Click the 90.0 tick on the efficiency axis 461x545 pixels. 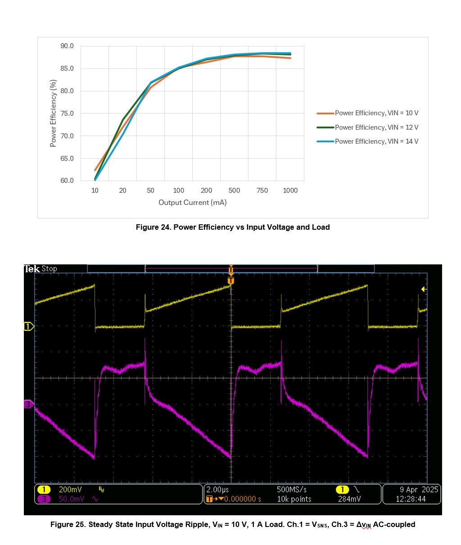(x=67, y=46)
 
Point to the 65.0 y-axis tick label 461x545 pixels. (x=67, y=158)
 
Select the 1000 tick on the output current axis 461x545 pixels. (x=290, y=191)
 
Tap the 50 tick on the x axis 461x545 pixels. (x=150, y=191)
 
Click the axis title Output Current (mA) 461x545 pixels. (x=192, y=203)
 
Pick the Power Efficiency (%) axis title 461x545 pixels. (x=53, y=113)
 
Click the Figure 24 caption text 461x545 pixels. (x=233, y=227)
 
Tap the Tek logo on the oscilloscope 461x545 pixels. (x=32, y=269)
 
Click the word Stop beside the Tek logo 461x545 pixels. (x=50, y=269)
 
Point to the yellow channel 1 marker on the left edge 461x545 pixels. (x=28, y=326)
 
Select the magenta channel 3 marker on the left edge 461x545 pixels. (x=28, y=404)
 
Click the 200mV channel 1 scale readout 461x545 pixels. (x=70, y=490)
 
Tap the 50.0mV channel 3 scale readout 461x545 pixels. (x=71, y=499)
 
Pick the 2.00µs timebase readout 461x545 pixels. (x=217, y=490)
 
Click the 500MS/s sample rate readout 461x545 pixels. (x=292, y=490)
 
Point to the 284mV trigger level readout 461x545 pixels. (x=349, y=499)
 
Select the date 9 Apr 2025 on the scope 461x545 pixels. (x=418, y=490)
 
